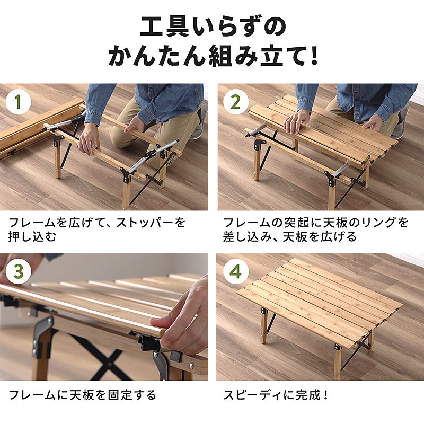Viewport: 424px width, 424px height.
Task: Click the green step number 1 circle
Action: click(x=18, y=102)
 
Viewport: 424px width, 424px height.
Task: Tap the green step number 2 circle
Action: click(x=236, y=102)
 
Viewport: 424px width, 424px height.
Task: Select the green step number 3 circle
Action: click(x=18, y=271)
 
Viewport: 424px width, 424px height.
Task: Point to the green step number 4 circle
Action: click(x=236, y=271)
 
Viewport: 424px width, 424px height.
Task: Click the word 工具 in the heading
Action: click(x=165, y=27)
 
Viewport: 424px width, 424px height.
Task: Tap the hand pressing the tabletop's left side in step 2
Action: click(x=297, y=122)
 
